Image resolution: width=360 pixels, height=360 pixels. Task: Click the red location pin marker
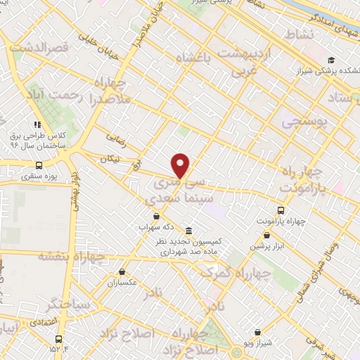tap(181, 165)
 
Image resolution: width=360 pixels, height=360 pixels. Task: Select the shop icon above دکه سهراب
tap(156, 217)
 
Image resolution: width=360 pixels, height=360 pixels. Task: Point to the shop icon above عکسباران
tap(122, 271)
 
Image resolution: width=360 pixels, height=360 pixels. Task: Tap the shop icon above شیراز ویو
tap(257, 332)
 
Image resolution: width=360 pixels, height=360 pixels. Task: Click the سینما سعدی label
tap(173, 199)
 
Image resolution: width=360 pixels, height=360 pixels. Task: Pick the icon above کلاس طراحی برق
tap(46, 124)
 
